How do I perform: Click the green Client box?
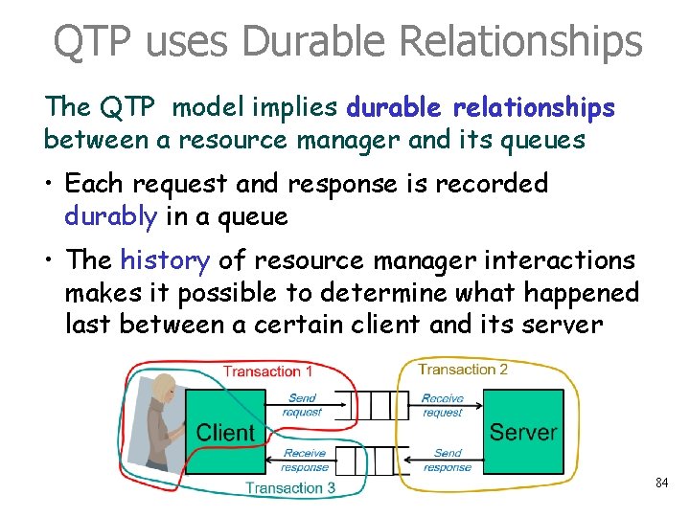(225, 432)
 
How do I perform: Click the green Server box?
(523, 432)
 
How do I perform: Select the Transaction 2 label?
(463, 370)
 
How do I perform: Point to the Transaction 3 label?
(290, 487)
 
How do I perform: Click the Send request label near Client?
(302, 405)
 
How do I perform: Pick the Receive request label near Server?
(443, 405)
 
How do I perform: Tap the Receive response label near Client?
(305, 461)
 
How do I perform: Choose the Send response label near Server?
(447, 461)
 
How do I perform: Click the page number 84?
(661, 483)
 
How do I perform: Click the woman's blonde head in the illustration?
(164, 389)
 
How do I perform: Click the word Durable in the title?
(301, 41)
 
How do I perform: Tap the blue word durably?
(110, 216)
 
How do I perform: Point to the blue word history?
(165, 259)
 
